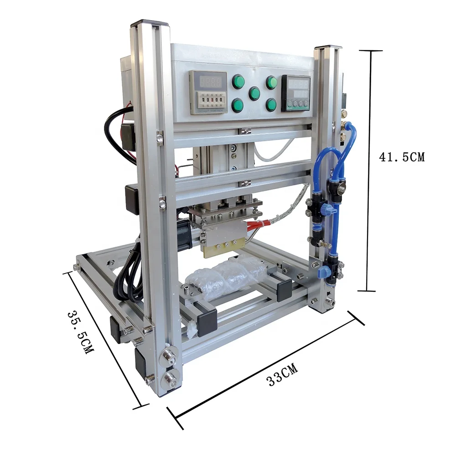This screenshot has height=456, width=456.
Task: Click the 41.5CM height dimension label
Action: pyautogui.click(x=402, y=157)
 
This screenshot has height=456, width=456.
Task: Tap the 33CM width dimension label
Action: pyautogui.click(x=282, y=374)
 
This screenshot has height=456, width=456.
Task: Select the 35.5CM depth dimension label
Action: pyautogui.click(x=81, y=332)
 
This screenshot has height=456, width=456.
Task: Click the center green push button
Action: pyautogui.click(x=254, y=93)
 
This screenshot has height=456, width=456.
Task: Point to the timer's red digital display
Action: pyautogui.click(x=208, y=82)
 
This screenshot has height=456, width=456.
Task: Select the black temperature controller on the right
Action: pyautogui.click(x=296, y=93)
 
